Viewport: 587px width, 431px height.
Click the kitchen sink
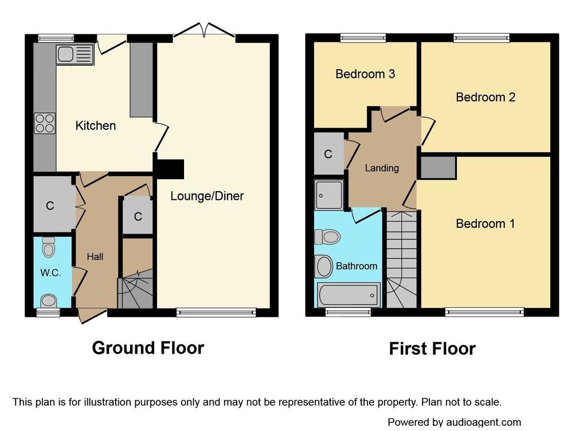(x=75, y=54)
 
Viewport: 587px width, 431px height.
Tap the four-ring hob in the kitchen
(x=45, y=124)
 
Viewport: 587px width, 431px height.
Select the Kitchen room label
(x=96, y=125)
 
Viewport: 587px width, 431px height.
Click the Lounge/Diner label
(x=207, y=196)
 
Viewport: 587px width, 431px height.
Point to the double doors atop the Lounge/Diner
(x=205, y=30)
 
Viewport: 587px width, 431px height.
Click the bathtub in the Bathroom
(x=349, y=295)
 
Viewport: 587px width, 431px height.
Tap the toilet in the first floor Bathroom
(x=327, y=236)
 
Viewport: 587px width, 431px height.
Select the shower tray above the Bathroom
(x=329, y=195)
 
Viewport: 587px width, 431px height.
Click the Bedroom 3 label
(x=365, y=74)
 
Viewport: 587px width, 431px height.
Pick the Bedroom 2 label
(x=486, y=97)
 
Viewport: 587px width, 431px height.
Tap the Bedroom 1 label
(x=485, y=224)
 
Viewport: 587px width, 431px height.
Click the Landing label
(x=382, y=168)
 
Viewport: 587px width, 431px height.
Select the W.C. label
(x=50, y=273)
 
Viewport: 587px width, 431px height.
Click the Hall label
(x=95, y=257)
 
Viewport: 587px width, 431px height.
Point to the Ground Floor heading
(x=148, y=347)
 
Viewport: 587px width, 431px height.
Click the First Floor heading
(x=432, y=349)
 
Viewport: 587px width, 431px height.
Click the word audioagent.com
(x=484, y=422)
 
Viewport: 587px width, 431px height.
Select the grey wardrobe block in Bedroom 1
(x=438, y=168)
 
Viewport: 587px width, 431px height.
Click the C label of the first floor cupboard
(x=328, y=154)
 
